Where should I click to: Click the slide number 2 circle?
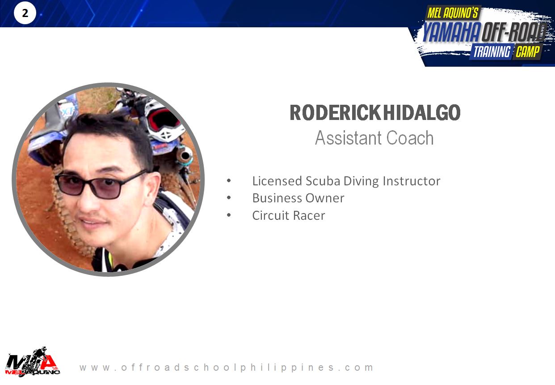click(x=25, y=13)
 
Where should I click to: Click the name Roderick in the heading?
click(x=336, y=113)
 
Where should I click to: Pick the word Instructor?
click(x=412, y=181)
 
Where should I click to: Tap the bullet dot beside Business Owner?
click(x=229, y=197)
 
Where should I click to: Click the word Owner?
click(x=325, y=198)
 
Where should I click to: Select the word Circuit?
click(x=270, y=215)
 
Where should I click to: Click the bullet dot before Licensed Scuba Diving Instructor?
click(x=229, y=180)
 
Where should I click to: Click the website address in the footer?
click(x=226, y=367)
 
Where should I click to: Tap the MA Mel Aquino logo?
click(x=32, y=362)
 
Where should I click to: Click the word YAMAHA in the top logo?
click(x=452, y=32)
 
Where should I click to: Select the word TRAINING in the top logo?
click(x=492, y=51)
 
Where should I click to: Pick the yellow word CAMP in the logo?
click(x=528, y=51)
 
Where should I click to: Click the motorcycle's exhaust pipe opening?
click(x=185, y=156)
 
